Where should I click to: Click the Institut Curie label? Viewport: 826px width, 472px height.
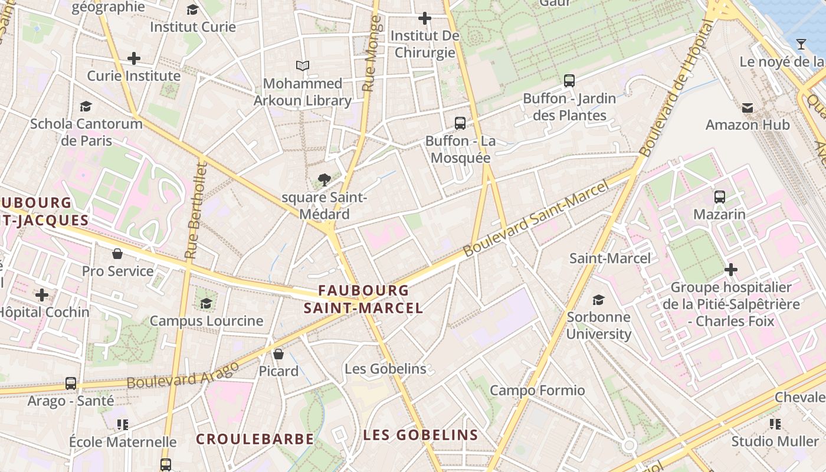pos(192,27)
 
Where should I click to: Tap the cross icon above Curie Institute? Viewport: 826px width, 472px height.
pos(134,58)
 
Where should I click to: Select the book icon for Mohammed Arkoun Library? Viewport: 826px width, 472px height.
pos(303,65)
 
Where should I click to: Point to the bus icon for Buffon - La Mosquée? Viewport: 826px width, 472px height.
pos(460,123)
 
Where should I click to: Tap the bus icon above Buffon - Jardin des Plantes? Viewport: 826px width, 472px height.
pos(569,81)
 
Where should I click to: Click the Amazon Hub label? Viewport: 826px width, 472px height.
pos(748,124)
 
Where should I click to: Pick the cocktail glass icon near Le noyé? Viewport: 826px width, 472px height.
pos(801,44)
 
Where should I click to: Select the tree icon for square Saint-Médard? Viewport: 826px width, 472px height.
pos(324,180)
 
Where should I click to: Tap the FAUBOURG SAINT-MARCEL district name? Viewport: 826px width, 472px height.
pos(363,299)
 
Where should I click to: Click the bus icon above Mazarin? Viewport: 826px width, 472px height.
pos(719,197)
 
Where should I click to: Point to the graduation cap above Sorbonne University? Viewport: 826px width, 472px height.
pos(599,300)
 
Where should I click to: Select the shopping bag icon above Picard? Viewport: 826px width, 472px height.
pos(278,354)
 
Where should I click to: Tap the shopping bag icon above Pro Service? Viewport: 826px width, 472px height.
pos(117,254)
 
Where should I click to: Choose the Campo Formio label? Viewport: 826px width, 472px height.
pos(537,391)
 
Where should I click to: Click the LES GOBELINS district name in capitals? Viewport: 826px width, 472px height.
pos(420,435)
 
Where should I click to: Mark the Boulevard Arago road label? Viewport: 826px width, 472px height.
pos(183,374)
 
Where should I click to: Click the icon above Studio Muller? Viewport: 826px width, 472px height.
pos(775,424)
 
